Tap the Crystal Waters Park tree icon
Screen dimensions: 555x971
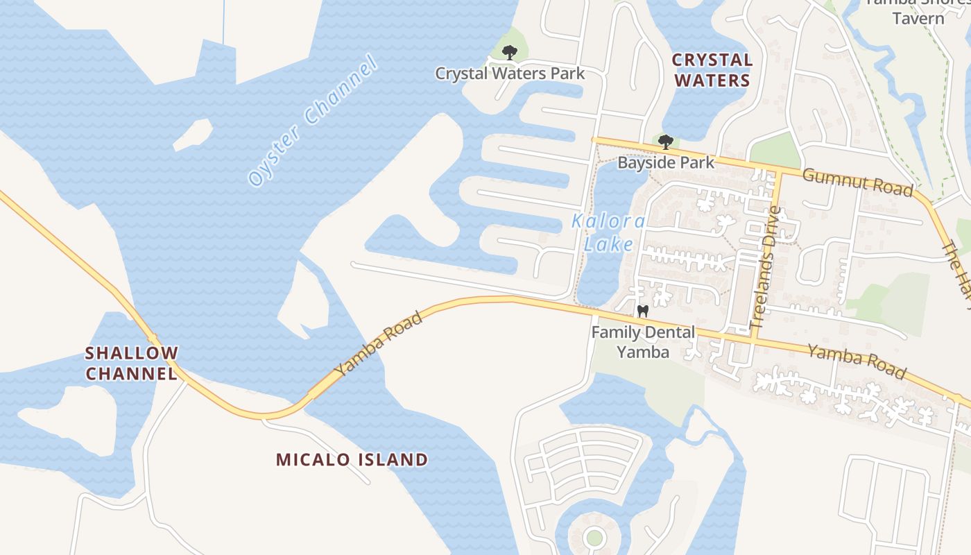[x=510, y=52]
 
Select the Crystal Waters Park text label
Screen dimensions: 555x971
[x=510, y=73]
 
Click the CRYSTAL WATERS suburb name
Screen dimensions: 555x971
[x=712, y=70]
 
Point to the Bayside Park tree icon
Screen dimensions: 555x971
[x=666, y=142]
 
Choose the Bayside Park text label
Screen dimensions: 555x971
[x=666, y=163]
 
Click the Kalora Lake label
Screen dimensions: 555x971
[x=608, y=233]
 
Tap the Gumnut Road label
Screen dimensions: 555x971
[x=857, y=182]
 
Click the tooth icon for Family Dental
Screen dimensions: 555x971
[x=642, y=311]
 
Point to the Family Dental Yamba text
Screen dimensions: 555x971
[x=643, y=342]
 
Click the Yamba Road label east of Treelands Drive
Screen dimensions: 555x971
[x=857, y=362]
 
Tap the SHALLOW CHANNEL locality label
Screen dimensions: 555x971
[x=132, y=363]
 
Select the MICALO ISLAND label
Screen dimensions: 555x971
[x=352, y=459]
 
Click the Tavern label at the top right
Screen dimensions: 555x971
[x=918, y=18]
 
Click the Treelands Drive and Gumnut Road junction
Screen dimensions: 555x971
[x=781, y=170]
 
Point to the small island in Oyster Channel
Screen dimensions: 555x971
[x=193, y=135]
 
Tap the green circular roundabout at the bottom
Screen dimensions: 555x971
[x=594, y=537]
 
